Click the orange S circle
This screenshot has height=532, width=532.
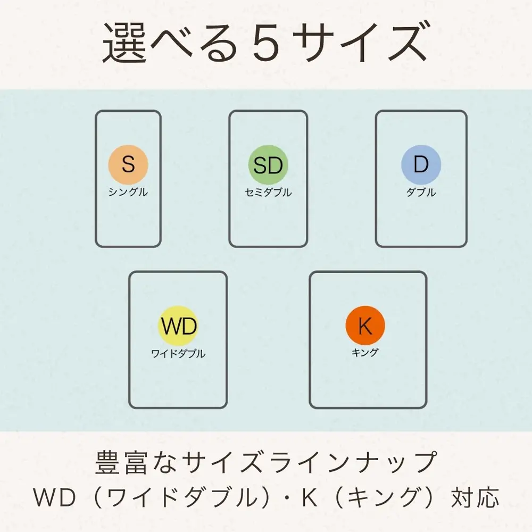point(128,164)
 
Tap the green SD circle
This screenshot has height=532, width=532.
point(268,165)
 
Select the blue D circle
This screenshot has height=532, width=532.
point(421,164)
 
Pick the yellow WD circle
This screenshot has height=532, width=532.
point(178,326)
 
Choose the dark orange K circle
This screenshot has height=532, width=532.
point(365,326)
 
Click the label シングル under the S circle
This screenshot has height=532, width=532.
point(128,192)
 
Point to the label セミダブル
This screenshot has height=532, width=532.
point(268,193)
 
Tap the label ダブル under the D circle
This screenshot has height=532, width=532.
point(421,193)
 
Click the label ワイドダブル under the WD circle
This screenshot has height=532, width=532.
point(178,354)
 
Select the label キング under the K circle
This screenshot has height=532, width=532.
point(365,353)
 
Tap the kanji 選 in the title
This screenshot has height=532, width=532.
point(124,43)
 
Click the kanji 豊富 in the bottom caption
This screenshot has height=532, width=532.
point(121,463)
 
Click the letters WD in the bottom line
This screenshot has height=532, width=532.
point(54,497)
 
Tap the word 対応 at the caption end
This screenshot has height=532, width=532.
point(475,498)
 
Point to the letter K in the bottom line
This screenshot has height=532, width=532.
point(310,497)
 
